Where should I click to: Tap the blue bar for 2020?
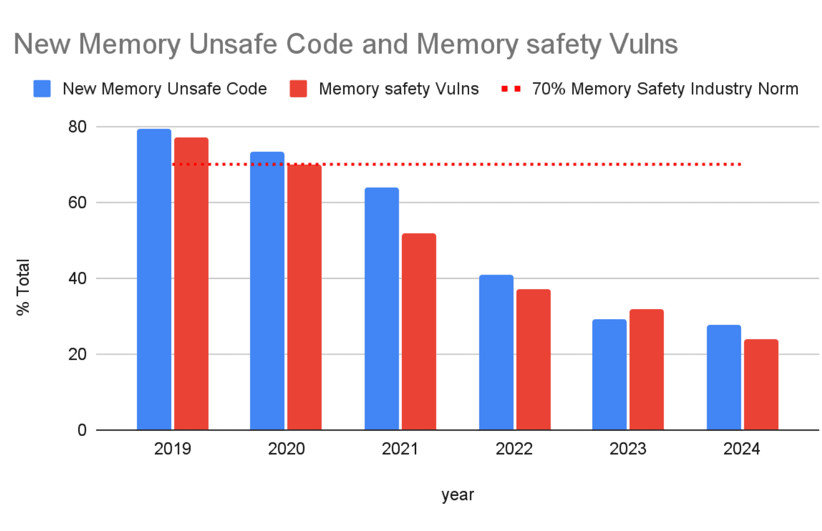[267, 291]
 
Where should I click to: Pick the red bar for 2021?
[419, 331]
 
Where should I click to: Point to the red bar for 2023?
[646, 369]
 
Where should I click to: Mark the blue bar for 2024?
[724, 377]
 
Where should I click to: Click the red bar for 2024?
[761, 384]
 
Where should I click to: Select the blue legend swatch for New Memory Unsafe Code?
[42, 89]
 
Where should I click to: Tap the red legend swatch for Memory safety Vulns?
[298, 89]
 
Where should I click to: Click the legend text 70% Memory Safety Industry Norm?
[665, 89]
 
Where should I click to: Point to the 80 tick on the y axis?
[77, 127]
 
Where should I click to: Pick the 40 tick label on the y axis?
[77, 278]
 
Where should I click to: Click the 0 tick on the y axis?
[82, 430]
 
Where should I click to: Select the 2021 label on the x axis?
[400, 449]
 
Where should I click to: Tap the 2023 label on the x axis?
[628, 449]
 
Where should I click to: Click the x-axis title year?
[457, 495]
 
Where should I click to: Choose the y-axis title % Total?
[23, 287]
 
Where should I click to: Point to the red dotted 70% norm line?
[492, 164]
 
